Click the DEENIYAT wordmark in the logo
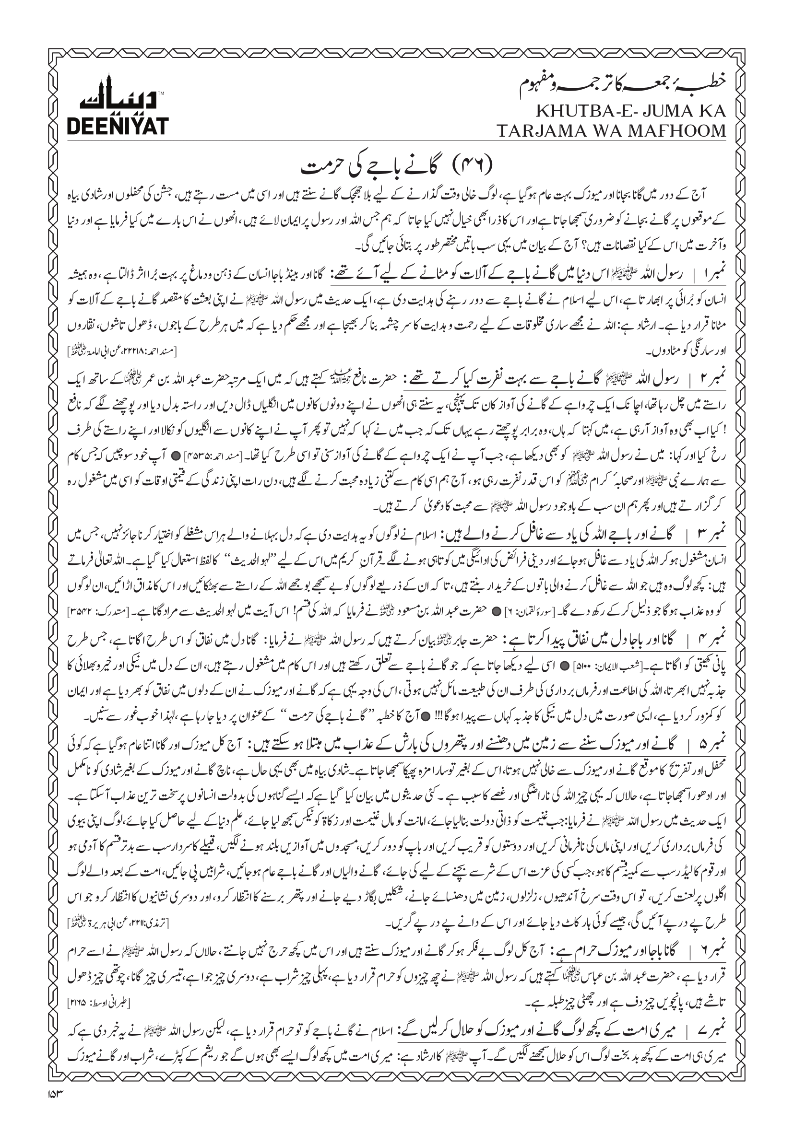pyautogui.click(x=117, y=126)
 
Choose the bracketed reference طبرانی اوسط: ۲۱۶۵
pyautogui.click(x=100, y=1005)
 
